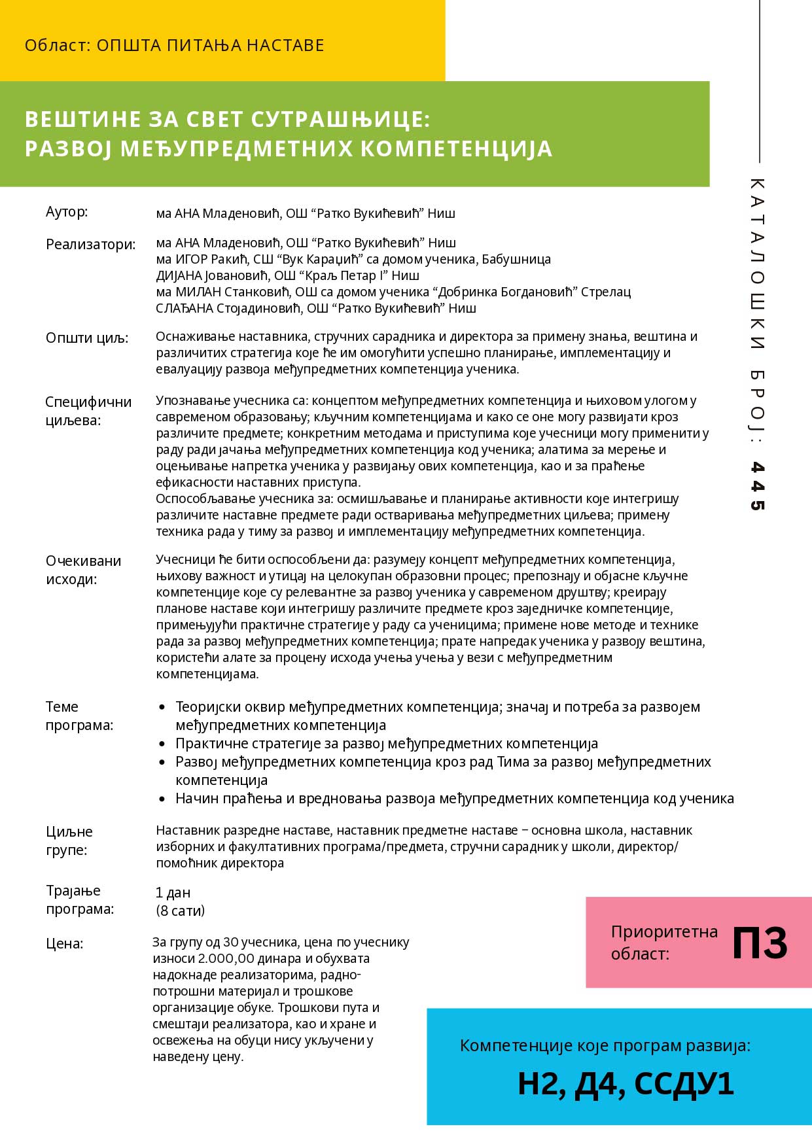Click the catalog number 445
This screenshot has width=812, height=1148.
coord(757,485)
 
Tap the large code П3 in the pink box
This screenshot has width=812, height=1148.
coord(759,943)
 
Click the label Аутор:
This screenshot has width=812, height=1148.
coord(67,212)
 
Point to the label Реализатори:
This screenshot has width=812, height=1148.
coord(90,245)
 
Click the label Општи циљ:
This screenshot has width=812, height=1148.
coord(87,338)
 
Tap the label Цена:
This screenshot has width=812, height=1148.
coord(64,943)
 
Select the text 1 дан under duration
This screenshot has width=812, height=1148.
coord(173,893)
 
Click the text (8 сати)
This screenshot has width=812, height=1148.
coord(180,911)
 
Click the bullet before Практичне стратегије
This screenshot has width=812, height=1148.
coord(163,744)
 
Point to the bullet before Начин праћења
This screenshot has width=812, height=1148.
coord(163,799)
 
